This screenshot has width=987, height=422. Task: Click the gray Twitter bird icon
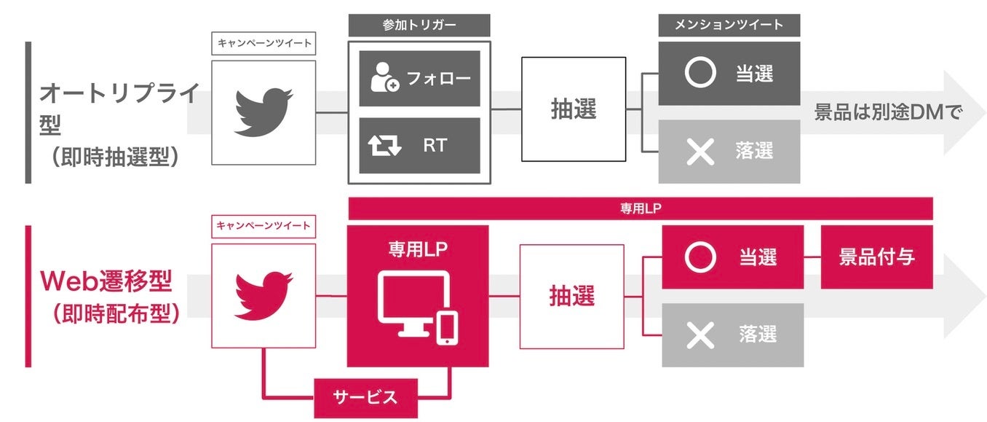263,112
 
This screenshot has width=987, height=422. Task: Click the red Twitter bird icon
263,295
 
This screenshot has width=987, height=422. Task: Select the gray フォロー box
420,78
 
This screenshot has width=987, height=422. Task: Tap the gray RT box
420,145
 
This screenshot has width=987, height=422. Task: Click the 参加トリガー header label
419,25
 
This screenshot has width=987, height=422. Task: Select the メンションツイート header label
729,25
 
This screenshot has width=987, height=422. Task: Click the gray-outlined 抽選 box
574,109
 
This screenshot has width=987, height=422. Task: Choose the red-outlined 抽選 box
572,296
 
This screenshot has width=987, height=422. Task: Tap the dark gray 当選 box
729,74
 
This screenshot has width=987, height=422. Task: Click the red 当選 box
732,257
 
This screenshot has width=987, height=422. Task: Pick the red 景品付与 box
876,257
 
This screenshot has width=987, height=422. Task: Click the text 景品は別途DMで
888,113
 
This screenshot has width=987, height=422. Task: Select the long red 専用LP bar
641,208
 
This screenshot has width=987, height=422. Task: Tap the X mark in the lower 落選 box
701,335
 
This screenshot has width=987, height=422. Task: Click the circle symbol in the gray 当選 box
701,74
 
